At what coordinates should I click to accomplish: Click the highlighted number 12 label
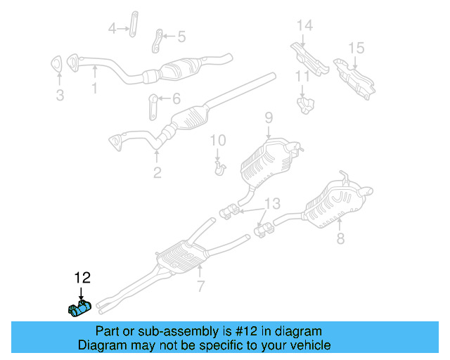82,279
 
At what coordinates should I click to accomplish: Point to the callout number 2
157,172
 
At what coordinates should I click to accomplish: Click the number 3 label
60,95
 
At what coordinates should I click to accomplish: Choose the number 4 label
112,29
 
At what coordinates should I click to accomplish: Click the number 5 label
181,36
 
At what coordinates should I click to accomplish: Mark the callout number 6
176,99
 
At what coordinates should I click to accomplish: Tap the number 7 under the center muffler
200,286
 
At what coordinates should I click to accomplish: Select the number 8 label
340,240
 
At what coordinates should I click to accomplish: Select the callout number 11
302,76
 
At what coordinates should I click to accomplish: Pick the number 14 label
304,26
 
